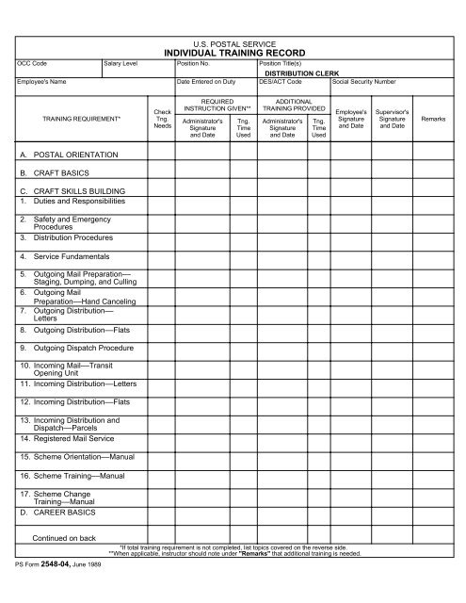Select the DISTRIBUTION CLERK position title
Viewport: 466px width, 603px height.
pos(303,72)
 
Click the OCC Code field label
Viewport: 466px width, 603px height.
pos(32,61)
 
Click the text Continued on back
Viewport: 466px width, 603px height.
pos(64,538)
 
